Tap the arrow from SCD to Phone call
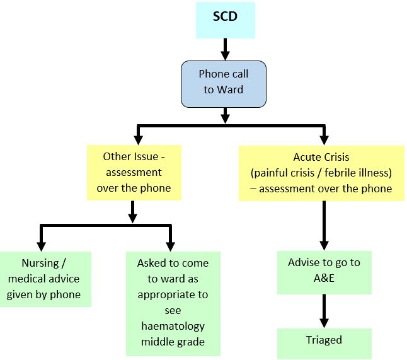(224, 48)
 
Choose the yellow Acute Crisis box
(321, 173)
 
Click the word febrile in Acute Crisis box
(342, 173)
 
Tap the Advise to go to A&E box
(324, 272)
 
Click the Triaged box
(324, 340)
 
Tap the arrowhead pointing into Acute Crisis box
(324, 139)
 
